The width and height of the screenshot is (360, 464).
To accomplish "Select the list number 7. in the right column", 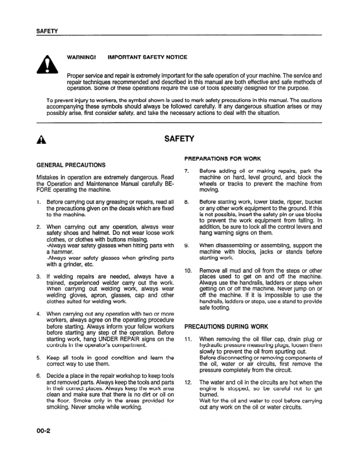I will tap(186, 171).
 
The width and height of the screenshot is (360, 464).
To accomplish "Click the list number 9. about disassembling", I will tap(186, 245).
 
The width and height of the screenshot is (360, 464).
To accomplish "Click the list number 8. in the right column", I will tap(186, 202).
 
